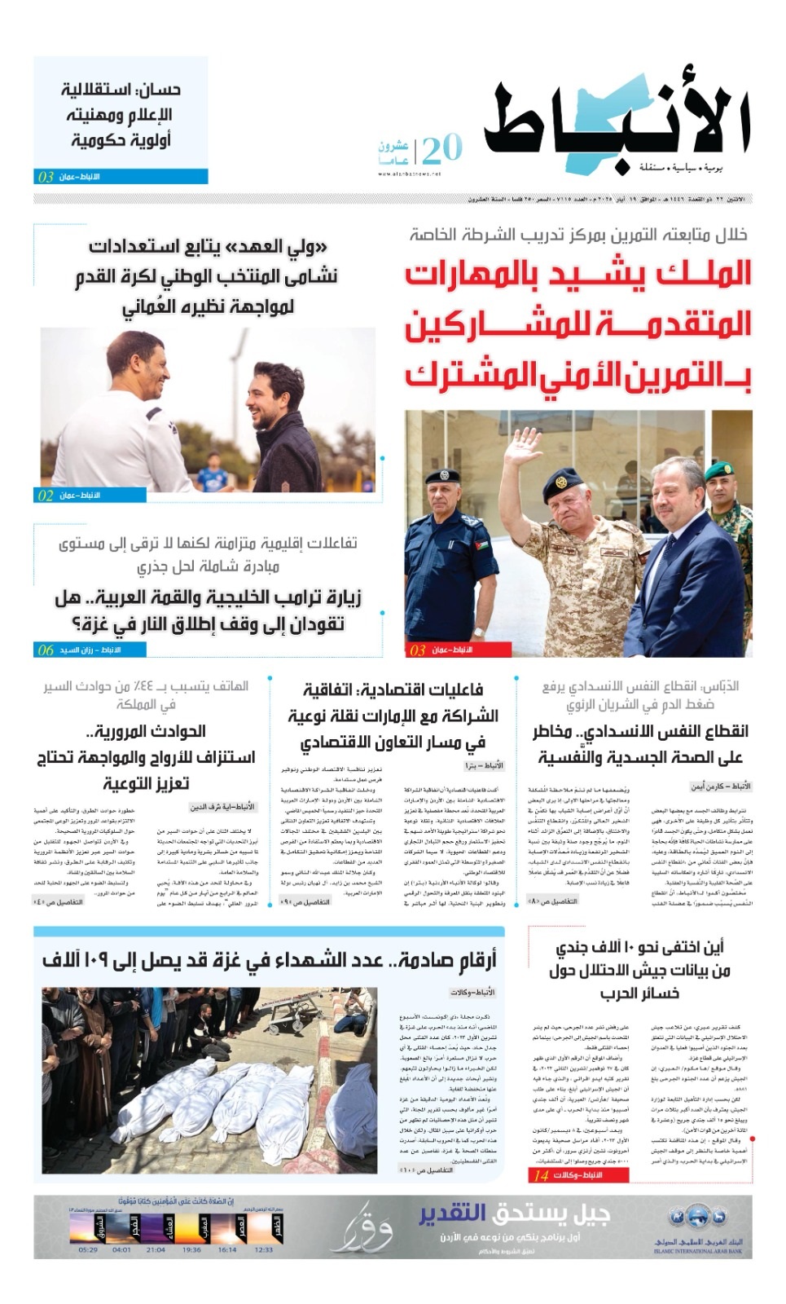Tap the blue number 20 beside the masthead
click(x=441, y=149)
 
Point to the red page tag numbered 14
click(x=578, y=1175)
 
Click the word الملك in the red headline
click(x=684, y=275)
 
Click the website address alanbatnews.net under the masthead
click(x=409, y=174)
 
